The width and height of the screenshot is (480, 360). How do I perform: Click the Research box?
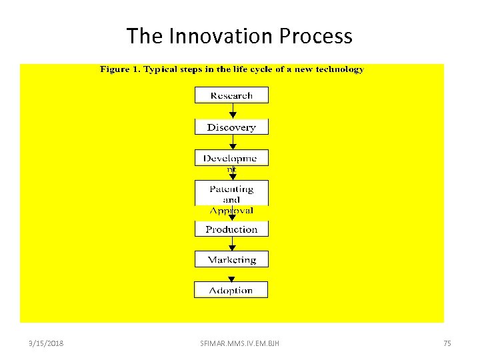point(231,95)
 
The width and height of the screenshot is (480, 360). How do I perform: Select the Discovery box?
point(231,127)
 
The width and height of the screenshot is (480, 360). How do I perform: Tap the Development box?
point(231,158)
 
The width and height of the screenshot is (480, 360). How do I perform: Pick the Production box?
point(231,229)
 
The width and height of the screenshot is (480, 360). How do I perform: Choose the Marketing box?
point(231,259)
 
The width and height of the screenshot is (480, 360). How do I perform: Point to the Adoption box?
point(231,290)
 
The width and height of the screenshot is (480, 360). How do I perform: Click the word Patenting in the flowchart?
point(231,189)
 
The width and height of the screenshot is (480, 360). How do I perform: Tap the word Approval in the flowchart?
point(231,211)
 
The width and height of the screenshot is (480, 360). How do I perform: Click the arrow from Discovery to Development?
point(232,143)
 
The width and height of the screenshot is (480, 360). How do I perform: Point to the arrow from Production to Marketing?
point(232,244)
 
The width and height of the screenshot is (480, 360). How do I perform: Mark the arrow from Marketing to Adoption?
point(232,275)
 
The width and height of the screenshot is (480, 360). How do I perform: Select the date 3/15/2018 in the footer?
point(46,343)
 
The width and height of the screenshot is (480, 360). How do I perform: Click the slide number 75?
point(447,343)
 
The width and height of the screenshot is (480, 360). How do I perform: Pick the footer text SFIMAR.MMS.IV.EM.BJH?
point(240,343)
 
